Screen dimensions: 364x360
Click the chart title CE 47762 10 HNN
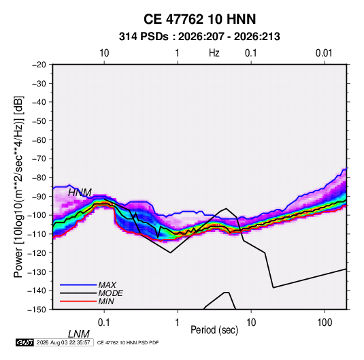(x=199, y=19)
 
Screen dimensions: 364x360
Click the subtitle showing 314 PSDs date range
(x=199, y=37)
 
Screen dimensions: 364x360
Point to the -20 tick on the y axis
(x=39, y=65)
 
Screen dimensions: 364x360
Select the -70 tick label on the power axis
(x=39, y=159)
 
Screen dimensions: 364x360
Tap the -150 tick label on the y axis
(x=37, y=310)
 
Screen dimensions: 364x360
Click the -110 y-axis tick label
(x=37, y=234)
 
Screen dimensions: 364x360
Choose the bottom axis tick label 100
(x=325, y=323)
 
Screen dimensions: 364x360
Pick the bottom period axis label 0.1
(x=104, y=323)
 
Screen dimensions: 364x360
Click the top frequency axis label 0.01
(x=324, y=53)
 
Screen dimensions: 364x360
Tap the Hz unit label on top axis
(x=214, y=53)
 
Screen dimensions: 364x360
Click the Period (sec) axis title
(x=214, y=330)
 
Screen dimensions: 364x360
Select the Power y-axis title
(x=18, y=186)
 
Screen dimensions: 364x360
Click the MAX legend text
(x=107, y=284)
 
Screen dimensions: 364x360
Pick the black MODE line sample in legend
(x=78, y=293)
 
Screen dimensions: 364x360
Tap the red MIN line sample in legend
(x=78, y=301)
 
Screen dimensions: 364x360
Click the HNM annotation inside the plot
(x=80, y=193)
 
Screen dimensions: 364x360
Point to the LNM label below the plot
(x=79, y=334)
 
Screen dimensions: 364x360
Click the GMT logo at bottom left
(x=25, y=342)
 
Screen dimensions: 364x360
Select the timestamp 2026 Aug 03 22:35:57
(x=63, y=342)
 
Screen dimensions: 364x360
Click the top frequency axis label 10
(x=104, y=53)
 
